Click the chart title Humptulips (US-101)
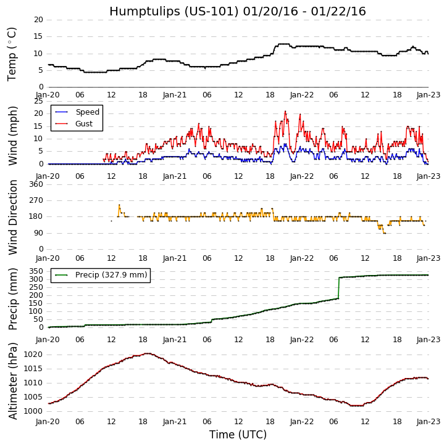click(238, 12)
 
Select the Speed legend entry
click(87, 112)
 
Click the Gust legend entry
click(84, 124)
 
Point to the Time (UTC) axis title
click(238, 435)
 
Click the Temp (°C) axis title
click(12, 54)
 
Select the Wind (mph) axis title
click(12, 135)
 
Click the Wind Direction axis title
click(12, 217)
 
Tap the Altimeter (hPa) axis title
click(12, 380)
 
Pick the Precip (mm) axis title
click(12, 298)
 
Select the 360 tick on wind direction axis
click(36, 184)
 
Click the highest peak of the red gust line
click(285, 112)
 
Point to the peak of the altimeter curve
click(148, 353)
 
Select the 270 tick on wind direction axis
click(36, 200)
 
